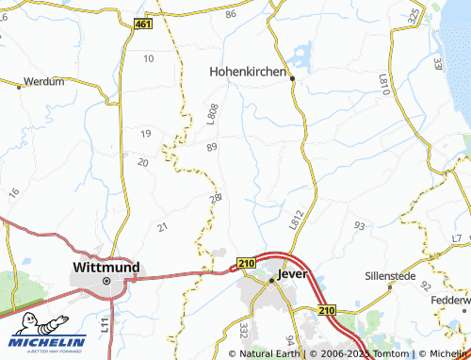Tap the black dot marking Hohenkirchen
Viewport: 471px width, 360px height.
pyautogui.click(x=293, y=79)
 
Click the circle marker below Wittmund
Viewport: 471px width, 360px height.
pyautogui.click(x=106, y=281)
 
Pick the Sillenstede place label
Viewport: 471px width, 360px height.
pyautogui.click(x=395, y=278)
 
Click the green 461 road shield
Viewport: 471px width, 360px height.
pyautogui.click(x=141, y=24)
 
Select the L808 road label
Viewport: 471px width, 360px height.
pyautogui.click(x=212, y=112)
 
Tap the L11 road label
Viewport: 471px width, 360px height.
pyautogui.click(x=106, y=326)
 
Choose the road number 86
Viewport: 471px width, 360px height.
pyautogui.click(x=231, y=15)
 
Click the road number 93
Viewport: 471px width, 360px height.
pyautogui.click(x=359, y=226)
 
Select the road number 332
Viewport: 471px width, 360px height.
pyautogui.click(x=243, y=331)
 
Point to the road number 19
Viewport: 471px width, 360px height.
pyautogui.click(x=145, y=134)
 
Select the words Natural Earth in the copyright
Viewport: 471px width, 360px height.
pyautogui.click(x=271, y=353)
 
